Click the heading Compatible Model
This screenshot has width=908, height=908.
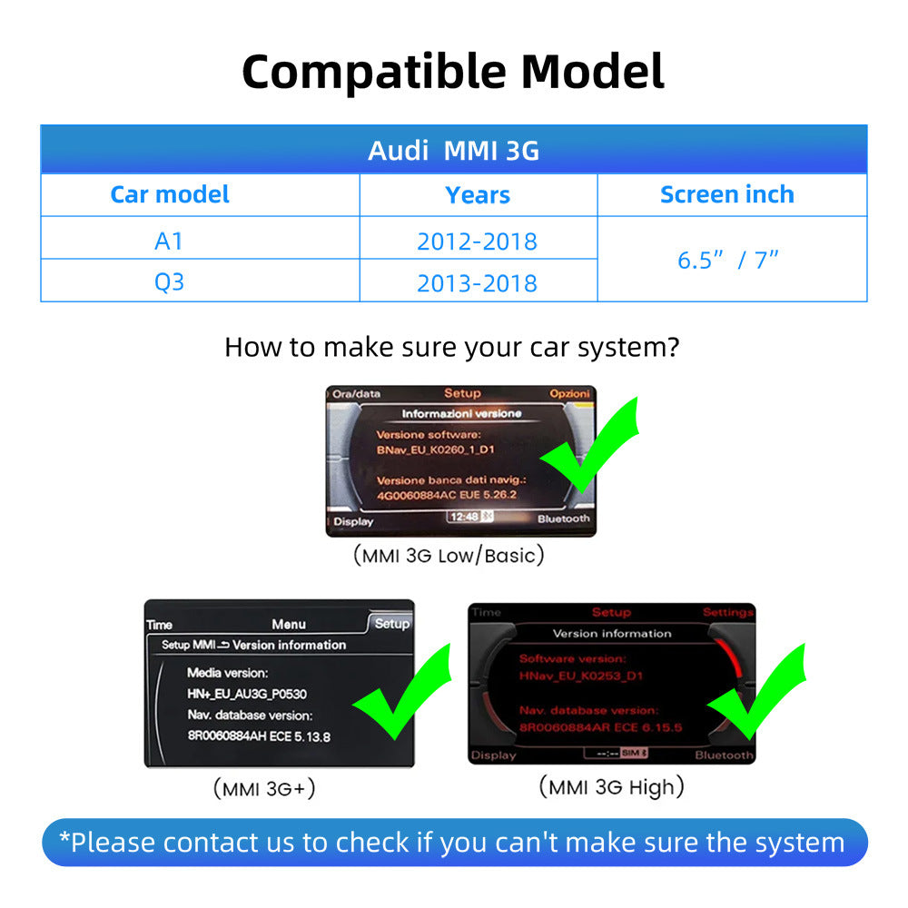453,71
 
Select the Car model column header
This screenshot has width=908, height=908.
170,194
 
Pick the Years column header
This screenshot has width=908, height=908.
478,195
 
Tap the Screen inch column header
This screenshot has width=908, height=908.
726,194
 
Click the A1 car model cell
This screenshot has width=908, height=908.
170,241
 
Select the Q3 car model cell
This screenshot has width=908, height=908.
170,282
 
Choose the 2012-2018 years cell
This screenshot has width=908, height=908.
477,242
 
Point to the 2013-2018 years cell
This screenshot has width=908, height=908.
477,283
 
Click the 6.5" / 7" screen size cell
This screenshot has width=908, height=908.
728,261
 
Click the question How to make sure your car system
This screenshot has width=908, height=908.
451,347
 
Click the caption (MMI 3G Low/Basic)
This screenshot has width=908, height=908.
449,556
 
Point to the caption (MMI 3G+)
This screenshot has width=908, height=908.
264,788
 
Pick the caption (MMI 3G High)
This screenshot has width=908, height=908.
611,786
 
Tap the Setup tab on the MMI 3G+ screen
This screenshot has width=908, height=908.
391,624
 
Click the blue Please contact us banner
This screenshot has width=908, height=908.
453,842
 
